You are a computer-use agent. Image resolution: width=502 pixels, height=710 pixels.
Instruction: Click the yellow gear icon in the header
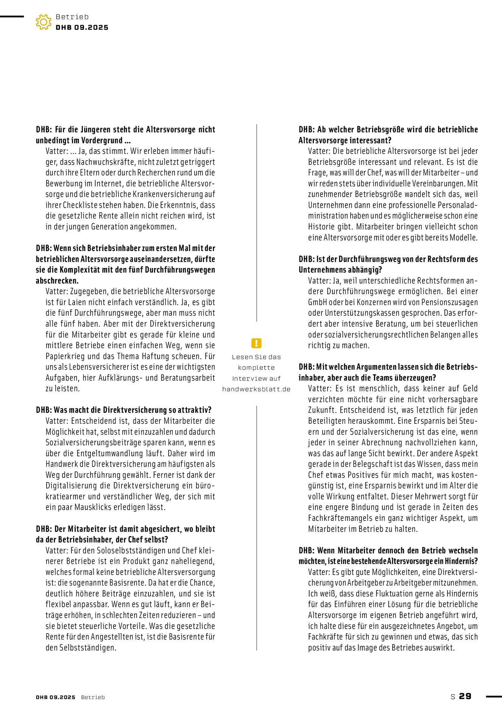tap(44, 22)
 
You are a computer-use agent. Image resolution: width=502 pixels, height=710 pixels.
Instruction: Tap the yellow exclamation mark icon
tap(256, 343)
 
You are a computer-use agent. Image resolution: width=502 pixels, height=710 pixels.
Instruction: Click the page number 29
tap(465, 696)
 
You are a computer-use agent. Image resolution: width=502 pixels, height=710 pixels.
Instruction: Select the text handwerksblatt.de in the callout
tap(256, 389)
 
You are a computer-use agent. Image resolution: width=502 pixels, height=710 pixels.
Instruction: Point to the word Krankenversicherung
tap(168, 194)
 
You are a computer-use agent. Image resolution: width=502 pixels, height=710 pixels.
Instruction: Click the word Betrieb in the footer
tap(93, 697)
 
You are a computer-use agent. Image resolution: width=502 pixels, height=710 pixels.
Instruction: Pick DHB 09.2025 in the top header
tap(82, 28)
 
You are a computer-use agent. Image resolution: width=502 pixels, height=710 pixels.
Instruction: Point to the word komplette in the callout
tap(256, 368)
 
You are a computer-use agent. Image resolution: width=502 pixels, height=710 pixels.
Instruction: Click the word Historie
tap(321, 227)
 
